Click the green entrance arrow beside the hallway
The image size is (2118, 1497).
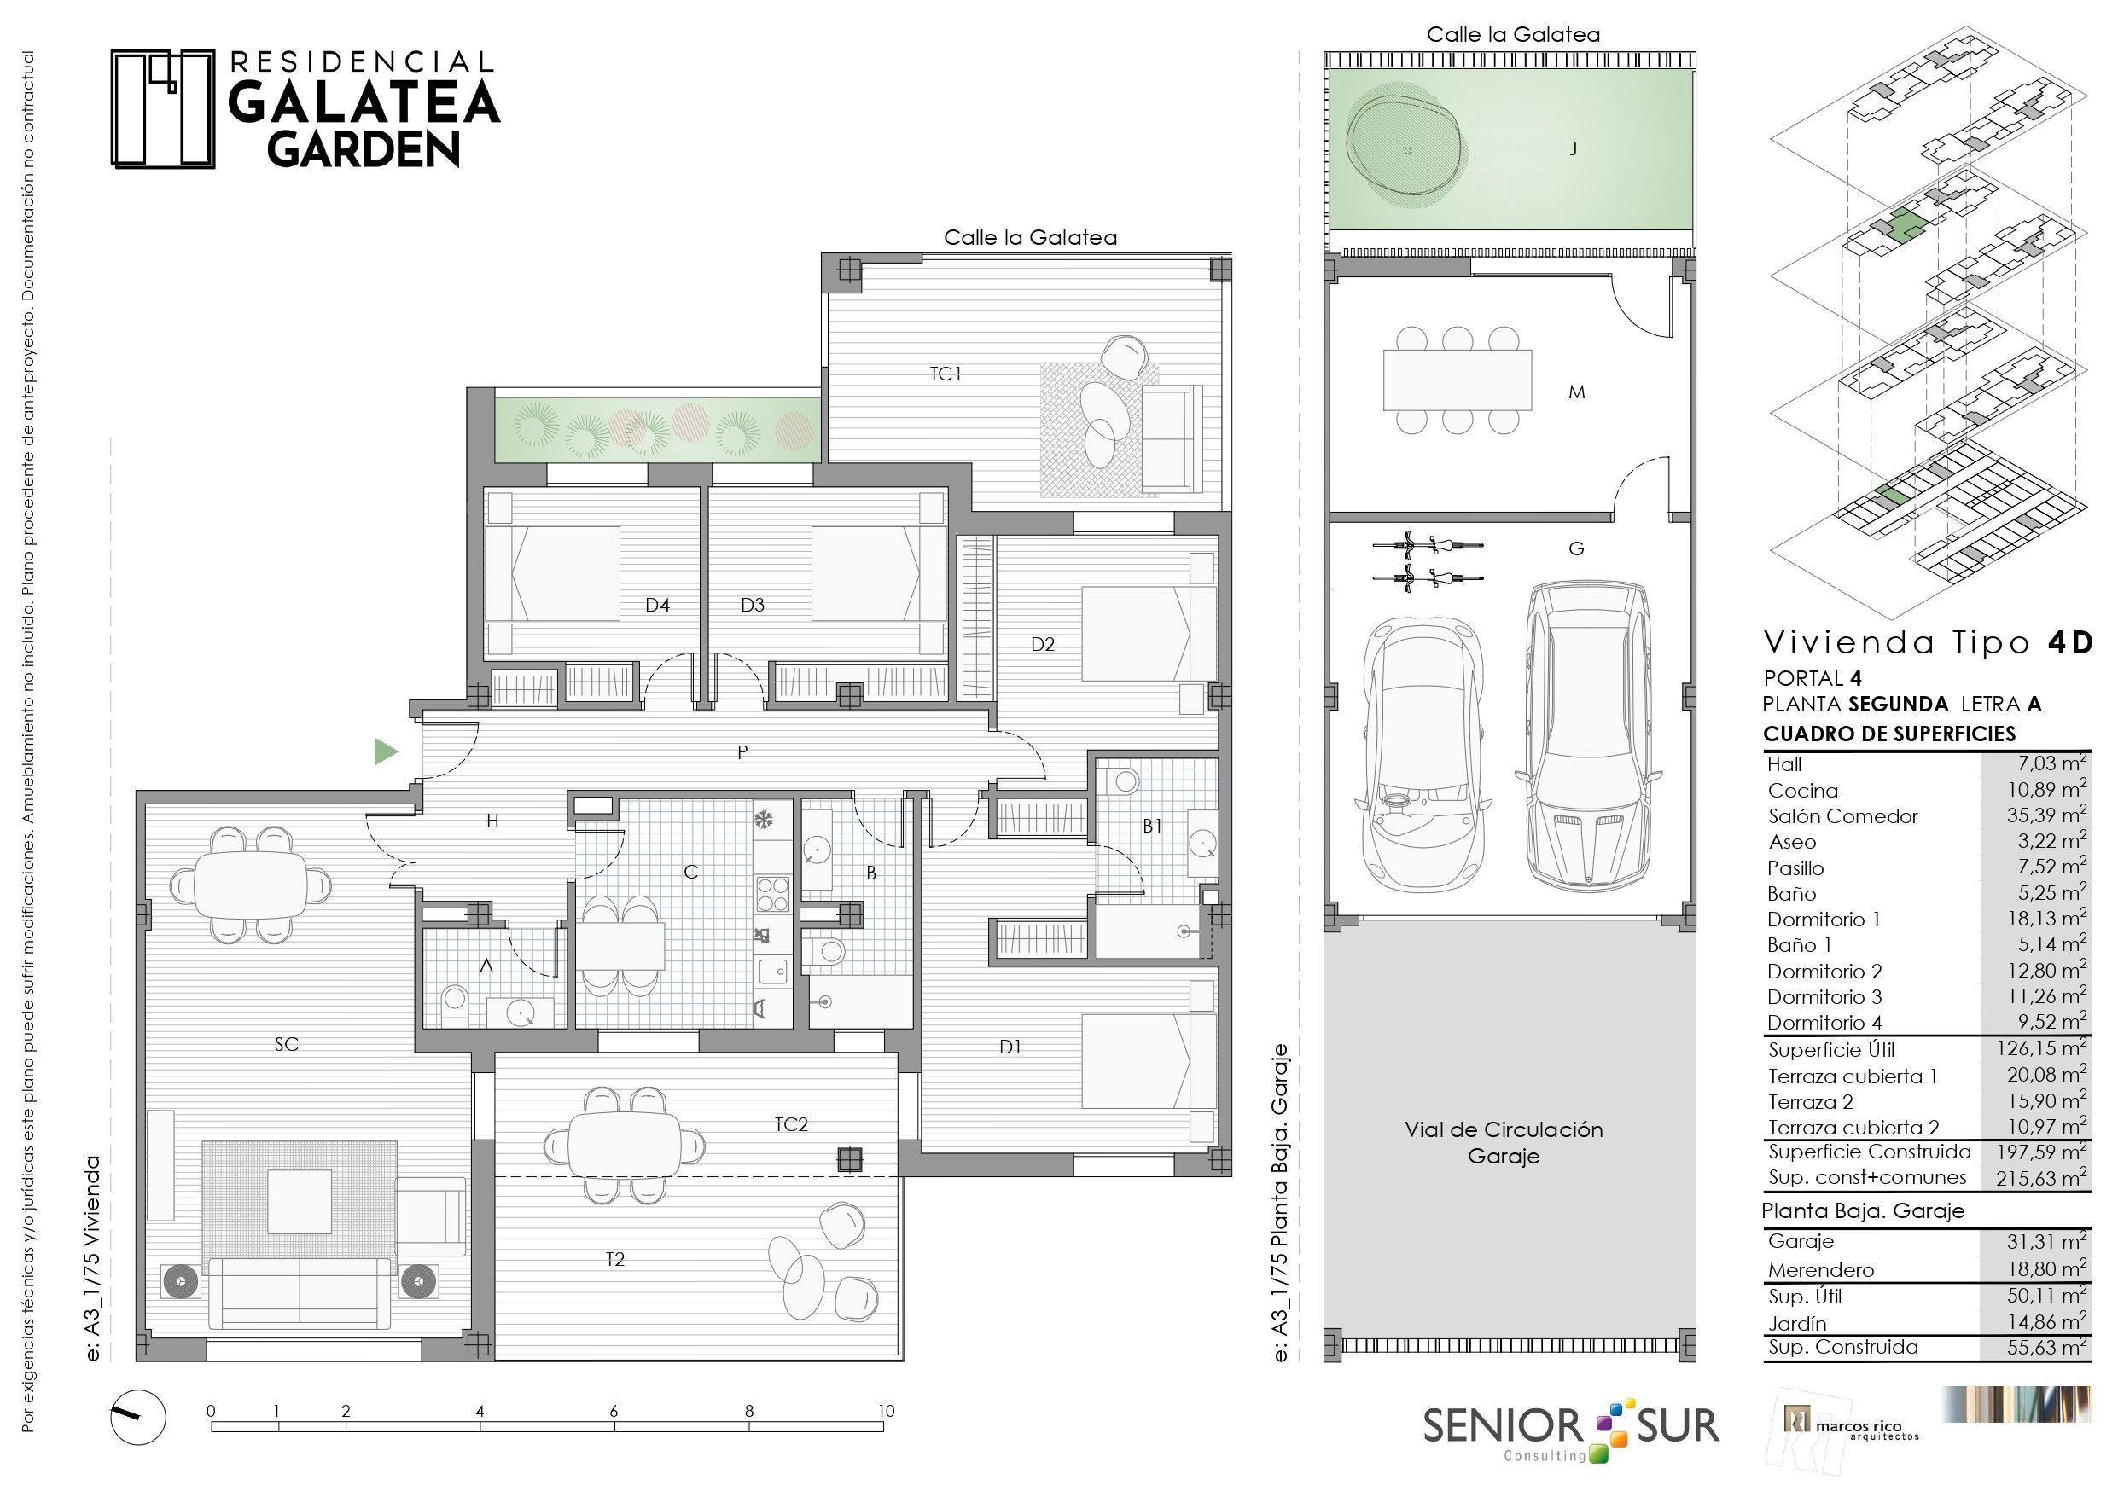click(386, 752)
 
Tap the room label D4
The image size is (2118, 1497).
click(657, 606)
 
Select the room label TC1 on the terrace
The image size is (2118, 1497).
click(946, 374)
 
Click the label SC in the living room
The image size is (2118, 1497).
click(286, 1044)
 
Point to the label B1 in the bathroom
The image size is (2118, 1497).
click(1152, 827)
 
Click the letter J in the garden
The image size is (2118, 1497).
click(1574, 148)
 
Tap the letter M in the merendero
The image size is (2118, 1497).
click(1576, 392)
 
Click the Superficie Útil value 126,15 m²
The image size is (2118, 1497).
click(2041, 1047)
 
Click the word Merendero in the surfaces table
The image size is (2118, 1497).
click(1821, 1270)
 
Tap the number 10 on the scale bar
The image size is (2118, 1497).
click(886, 1410)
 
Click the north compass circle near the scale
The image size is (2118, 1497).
click(138, 1417)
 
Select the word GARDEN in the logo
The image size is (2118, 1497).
click(364, 149)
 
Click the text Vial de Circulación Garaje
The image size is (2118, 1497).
click(1504, 1143)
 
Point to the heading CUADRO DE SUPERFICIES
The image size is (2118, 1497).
click(1889, 734)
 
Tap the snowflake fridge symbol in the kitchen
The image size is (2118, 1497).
click(764, 820)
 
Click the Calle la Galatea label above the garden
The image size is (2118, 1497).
click(1513, 35)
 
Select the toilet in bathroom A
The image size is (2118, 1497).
click(454, 1003)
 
